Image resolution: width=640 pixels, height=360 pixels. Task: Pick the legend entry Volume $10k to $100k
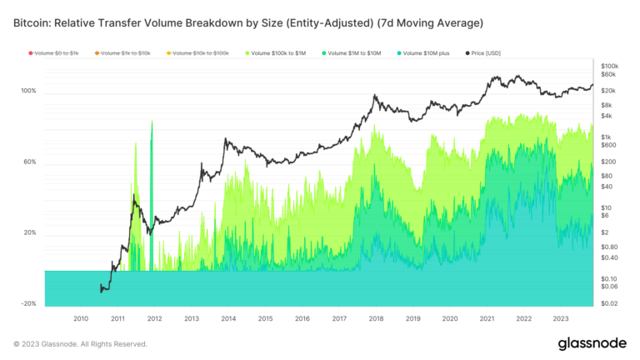click(198, 53)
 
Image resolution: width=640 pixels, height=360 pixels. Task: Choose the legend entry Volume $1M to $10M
click(353, 53)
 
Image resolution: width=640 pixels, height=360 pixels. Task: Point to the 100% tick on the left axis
click(28, 91)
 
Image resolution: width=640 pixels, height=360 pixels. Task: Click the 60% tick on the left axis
click(30, 162)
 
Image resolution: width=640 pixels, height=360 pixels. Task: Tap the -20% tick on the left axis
click(28, 304)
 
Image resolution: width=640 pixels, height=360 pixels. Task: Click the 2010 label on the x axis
click(81, 319)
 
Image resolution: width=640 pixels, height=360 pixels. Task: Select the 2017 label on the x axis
click(338, 319)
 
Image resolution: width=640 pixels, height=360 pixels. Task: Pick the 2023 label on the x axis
click(560, 319)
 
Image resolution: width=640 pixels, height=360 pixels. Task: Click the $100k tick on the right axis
click(609, 65)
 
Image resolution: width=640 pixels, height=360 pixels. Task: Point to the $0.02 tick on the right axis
click(609, 304)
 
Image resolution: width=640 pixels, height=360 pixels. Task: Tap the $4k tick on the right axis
click(606, 116)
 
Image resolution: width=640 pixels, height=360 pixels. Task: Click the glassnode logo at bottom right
click(592, 344)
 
